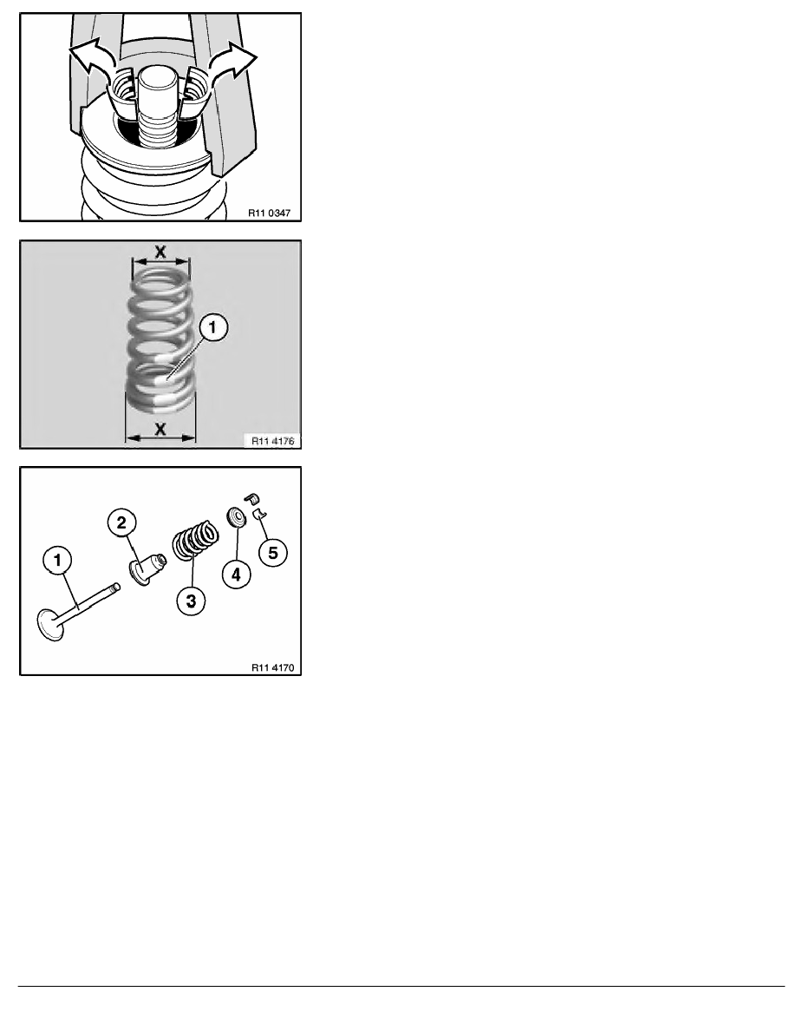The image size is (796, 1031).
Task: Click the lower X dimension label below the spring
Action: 161,429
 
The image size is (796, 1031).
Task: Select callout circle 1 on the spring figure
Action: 213,329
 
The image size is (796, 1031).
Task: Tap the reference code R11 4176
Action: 273,441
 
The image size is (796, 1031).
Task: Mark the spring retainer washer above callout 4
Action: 234,518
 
